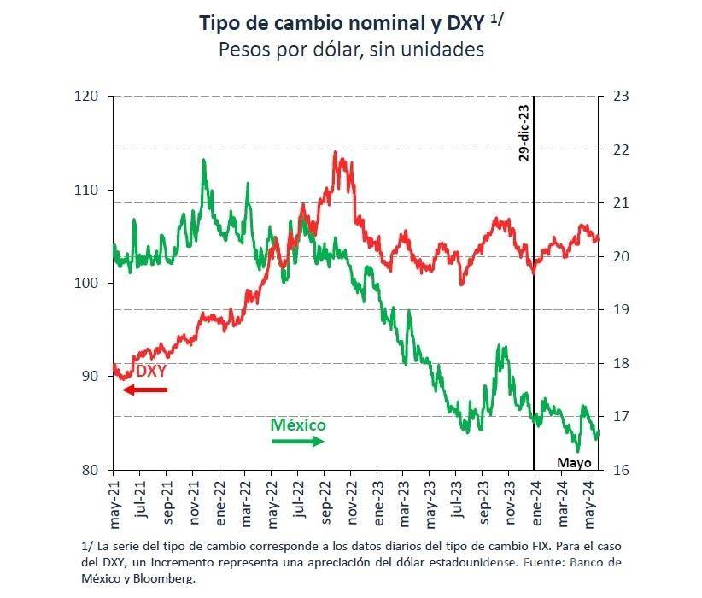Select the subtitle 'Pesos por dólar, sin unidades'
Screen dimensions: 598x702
pyautogui.click(x=351, y=50)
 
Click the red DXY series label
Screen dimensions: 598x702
pyautogui.click(x=151, y=372)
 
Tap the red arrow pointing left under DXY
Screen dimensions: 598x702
pyautogui.click(x=144, y=390)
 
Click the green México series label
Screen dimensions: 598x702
pyautogui.click(x=298, y=425)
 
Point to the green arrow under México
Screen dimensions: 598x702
pyautogui.click(x=298, y=441)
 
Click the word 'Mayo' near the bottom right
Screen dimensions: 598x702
pyautogui.click(x=574, y=462)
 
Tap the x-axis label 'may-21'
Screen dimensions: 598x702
pyautogui.click(x=114, y=502)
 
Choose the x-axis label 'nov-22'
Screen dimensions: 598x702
pyautogui.click(x=351, y=502)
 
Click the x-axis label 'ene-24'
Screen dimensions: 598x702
pyautogui.click(x=535, y=502)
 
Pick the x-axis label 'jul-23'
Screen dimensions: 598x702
pyautogui.click(x=456, y=501)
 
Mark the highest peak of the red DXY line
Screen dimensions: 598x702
pyautogui.click(x=335, y=152)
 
